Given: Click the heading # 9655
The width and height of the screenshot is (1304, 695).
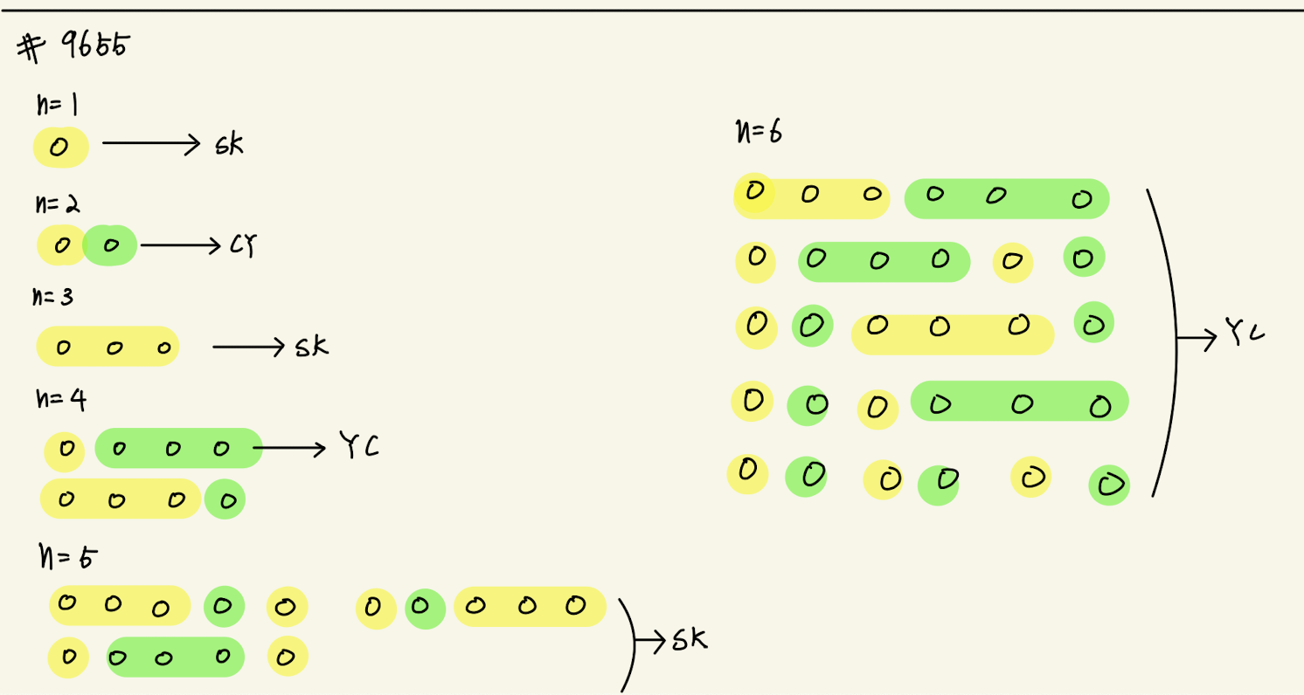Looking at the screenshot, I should tap(73, 47).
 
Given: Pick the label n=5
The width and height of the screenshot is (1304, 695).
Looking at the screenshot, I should tap(68, 554).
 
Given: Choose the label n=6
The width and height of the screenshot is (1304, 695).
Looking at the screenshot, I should tap(759, 133).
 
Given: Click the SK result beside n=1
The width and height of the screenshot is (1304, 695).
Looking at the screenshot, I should tap(229, 145).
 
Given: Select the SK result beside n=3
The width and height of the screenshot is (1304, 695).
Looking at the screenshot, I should tap(311, 347).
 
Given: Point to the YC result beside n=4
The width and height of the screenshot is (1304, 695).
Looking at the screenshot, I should tap(359, 448).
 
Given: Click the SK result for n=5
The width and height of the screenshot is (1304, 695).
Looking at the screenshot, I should tap(689, 641).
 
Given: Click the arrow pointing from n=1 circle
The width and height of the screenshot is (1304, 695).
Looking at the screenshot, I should tap(152, 146).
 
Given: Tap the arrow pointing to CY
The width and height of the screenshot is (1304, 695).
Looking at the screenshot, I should tap(180, 246).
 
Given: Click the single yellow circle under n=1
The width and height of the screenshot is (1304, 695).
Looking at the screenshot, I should tap(59, 148).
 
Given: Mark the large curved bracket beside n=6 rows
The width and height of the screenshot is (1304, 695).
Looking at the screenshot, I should tap(1167, 341).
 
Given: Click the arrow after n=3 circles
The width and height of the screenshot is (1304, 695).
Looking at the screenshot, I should tap(249, 347).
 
